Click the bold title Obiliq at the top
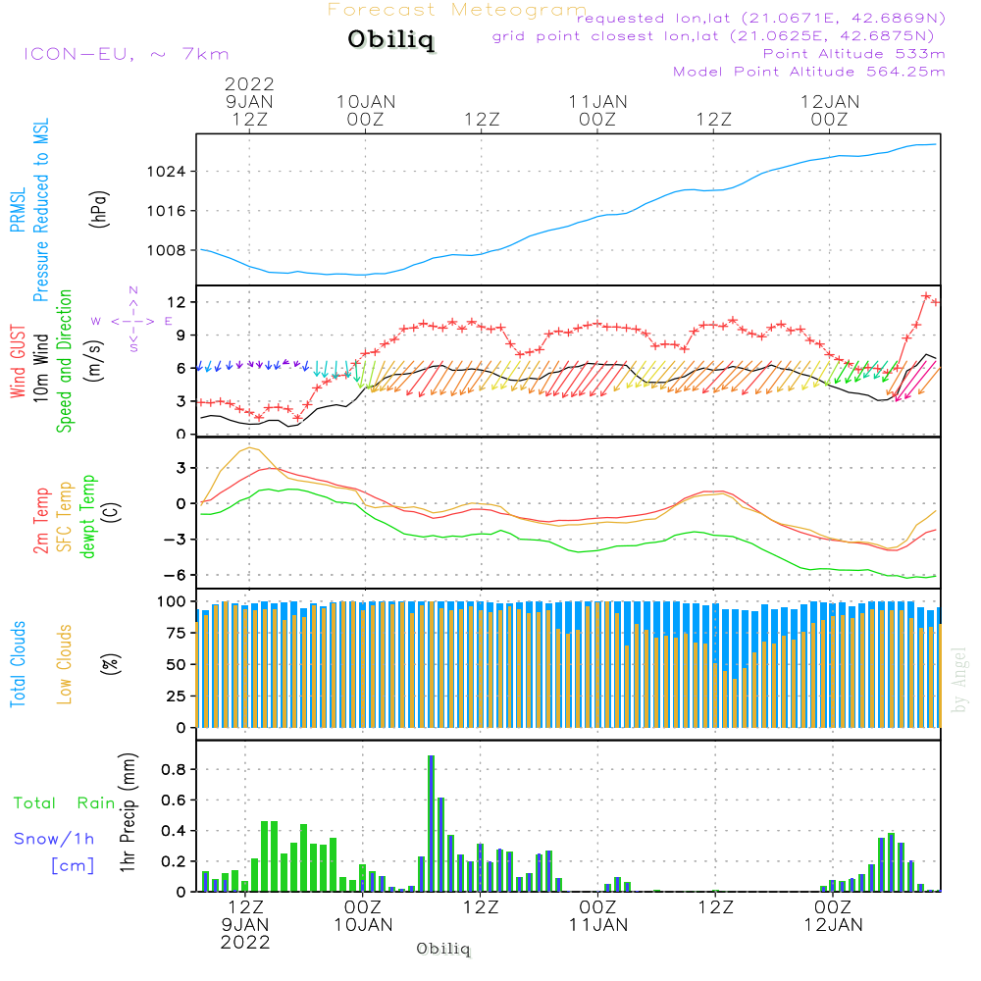pos(390,39)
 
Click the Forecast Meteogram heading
pos(457,10)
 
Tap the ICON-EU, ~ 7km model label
pos(127,54)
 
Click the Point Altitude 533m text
pos(854,54)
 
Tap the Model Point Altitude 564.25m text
pos(809,72)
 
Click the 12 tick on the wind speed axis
pos(177,302)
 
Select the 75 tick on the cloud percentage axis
pos(177,633)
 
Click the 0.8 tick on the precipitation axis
pos(174,769)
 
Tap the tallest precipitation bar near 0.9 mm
pos(431,823)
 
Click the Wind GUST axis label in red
pos(18,361)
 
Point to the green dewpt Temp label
pos(87,516)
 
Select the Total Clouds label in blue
pos(18,664)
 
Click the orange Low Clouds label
pos(65,664)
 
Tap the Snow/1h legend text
pos(54,839)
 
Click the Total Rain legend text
pos(65,802)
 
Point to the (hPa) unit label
pos(99,209)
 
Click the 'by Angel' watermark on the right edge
pos(958,680)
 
